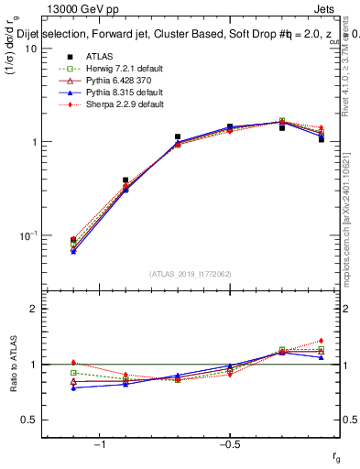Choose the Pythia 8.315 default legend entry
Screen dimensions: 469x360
101,93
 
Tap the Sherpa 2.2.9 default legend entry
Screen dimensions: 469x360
101,104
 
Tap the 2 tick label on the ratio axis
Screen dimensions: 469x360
34,309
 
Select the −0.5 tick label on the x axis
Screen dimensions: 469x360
228,444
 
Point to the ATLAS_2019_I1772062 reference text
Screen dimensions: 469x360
190,274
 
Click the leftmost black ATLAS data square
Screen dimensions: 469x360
73,240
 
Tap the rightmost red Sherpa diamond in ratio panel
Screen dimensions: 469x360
321,341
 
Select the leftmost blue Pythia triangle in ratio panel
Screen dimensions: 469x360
73,387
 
